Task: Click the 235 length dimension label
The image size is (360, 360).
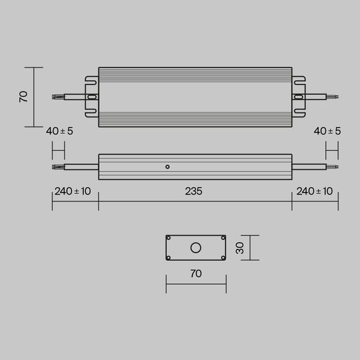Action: [195, 191]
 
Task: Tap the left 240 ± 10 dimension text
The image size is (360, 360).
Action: [73, 191]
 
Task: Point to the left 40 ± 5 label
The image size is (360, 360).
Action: [59, 131]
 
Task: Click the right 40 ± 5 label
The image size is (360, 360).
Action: [327, 131]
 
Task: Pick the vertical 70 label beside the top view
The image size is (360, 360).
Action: [23, 97]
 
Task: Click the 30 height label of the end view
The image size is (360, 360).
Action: [240, 248]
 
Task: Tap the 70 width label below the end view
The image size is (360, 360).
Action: [196, 273]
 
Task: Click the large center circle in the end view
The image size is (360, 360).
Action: [196, 248]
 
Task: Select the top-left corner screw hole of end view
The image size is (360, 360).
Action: [169, 239]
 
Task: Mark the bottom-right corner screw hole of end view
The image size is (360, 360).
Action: [222, 256]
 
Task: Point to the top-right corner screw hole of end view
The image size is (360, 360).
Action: [222, 239]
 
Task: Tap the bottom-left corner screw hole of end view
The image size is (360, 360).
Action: [169, 256]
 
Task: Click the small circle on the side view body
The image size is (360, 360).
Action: [167, 167]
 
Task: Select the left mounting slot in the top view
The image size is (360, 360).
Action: [92, 97]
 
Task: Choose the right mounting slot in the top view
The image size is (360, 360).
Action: [298, 97]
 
